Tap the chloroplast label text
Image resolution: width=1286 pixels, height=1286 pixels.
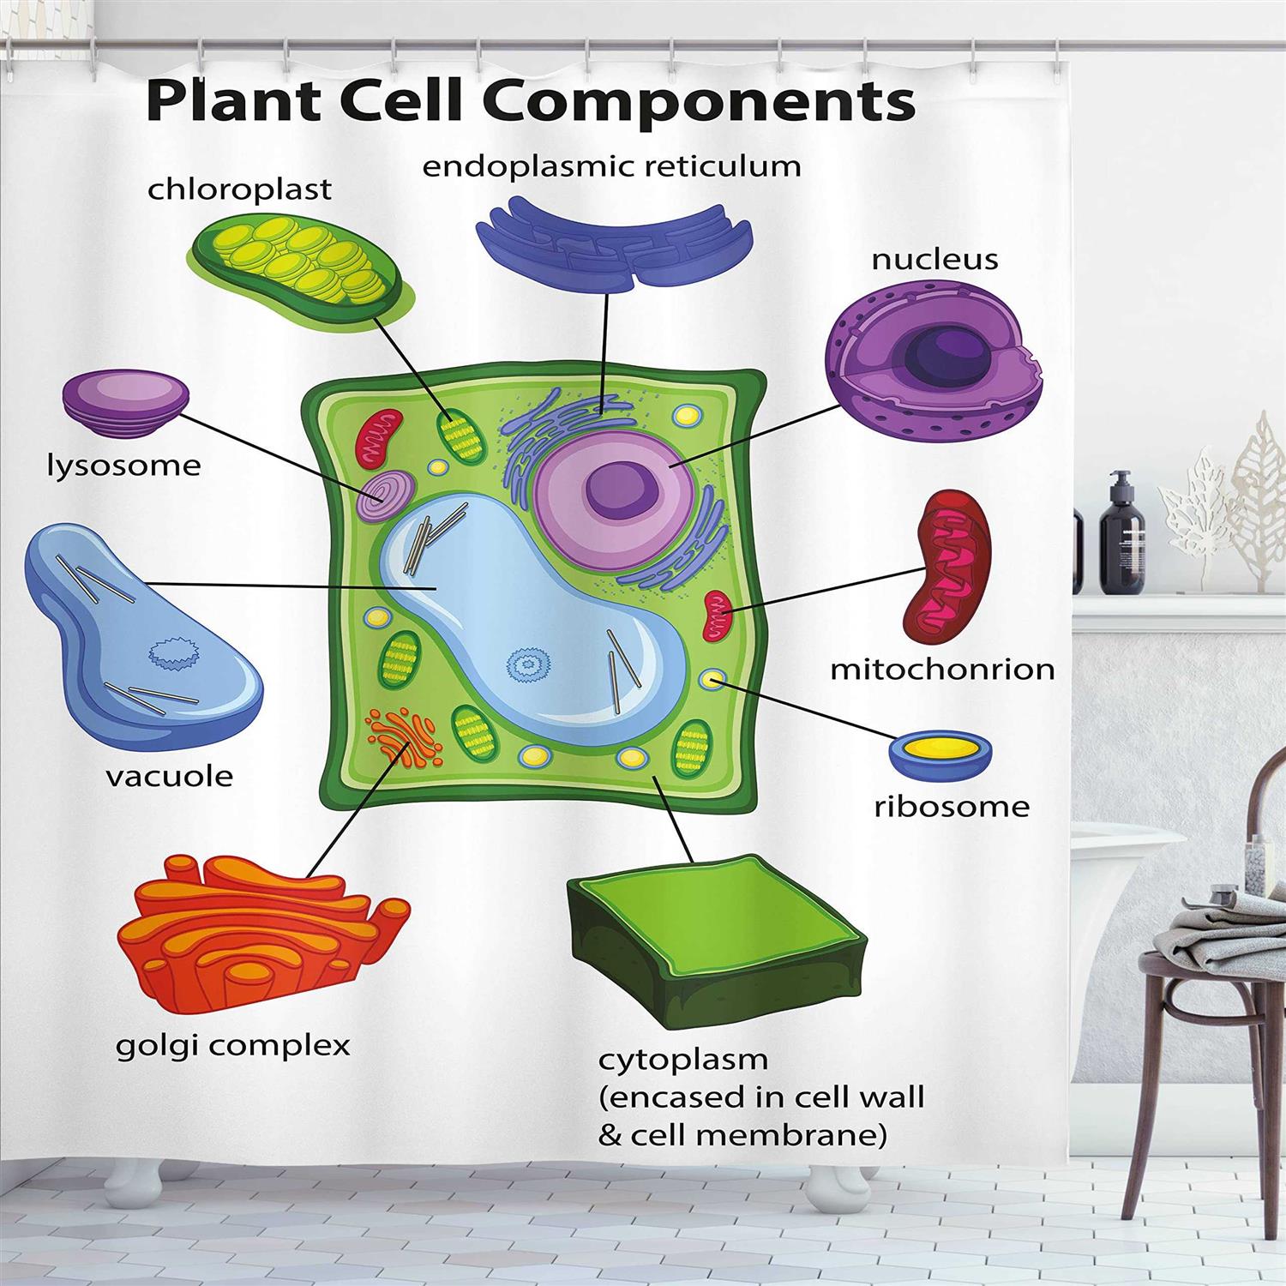pos(239,189)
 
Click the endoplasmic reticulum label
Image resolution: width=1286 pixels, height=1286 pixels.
pos(611,165)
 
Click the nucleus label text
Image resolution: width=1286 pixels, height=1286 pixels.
pos(934,259)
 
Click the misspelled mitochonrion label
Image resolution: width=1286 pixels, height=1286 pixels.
pos(942,669)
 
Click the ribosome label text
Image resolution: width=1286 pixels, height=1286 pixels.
pos(951,806)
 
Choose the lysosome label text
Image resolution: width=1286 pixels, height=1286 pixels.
pos(123,466)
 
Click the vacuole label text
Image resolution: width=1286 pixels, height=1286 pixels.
pos(169,777)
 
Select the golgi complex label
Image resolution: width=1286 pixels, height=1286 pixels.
pos(233,1045)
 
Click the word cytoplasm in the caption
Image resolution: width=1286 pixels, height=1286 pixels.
pos(682,1060)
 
